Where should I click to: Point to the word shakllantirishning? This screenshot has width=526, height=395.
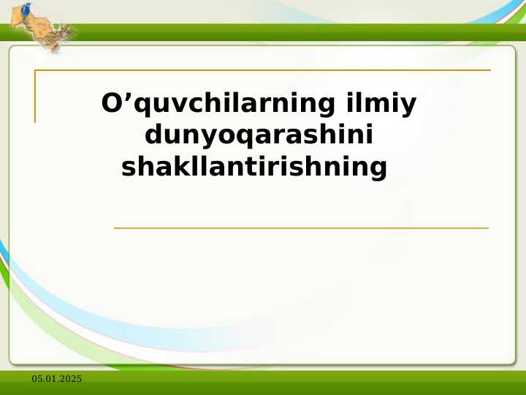[x=254, y=167]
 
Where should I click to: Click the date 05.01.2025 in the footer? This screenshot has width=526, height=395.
[x=56, y=378]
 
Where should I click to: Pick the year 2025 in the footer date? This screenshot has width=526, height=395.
[x=71, y=378]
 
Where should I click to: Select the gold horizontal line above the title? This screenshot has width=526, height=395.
[x=263, y=70]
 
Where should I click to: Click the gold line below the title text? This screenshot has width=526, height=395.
[x=301, y=228]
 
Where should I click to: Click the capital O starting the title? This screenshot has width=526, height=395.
[x=112, y=104]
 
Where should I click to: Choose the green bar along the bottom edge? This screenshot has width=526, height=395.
[x=263, y=383]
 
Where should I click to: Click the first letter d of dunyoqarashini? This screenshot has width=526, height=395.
[x=153, y=135]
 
